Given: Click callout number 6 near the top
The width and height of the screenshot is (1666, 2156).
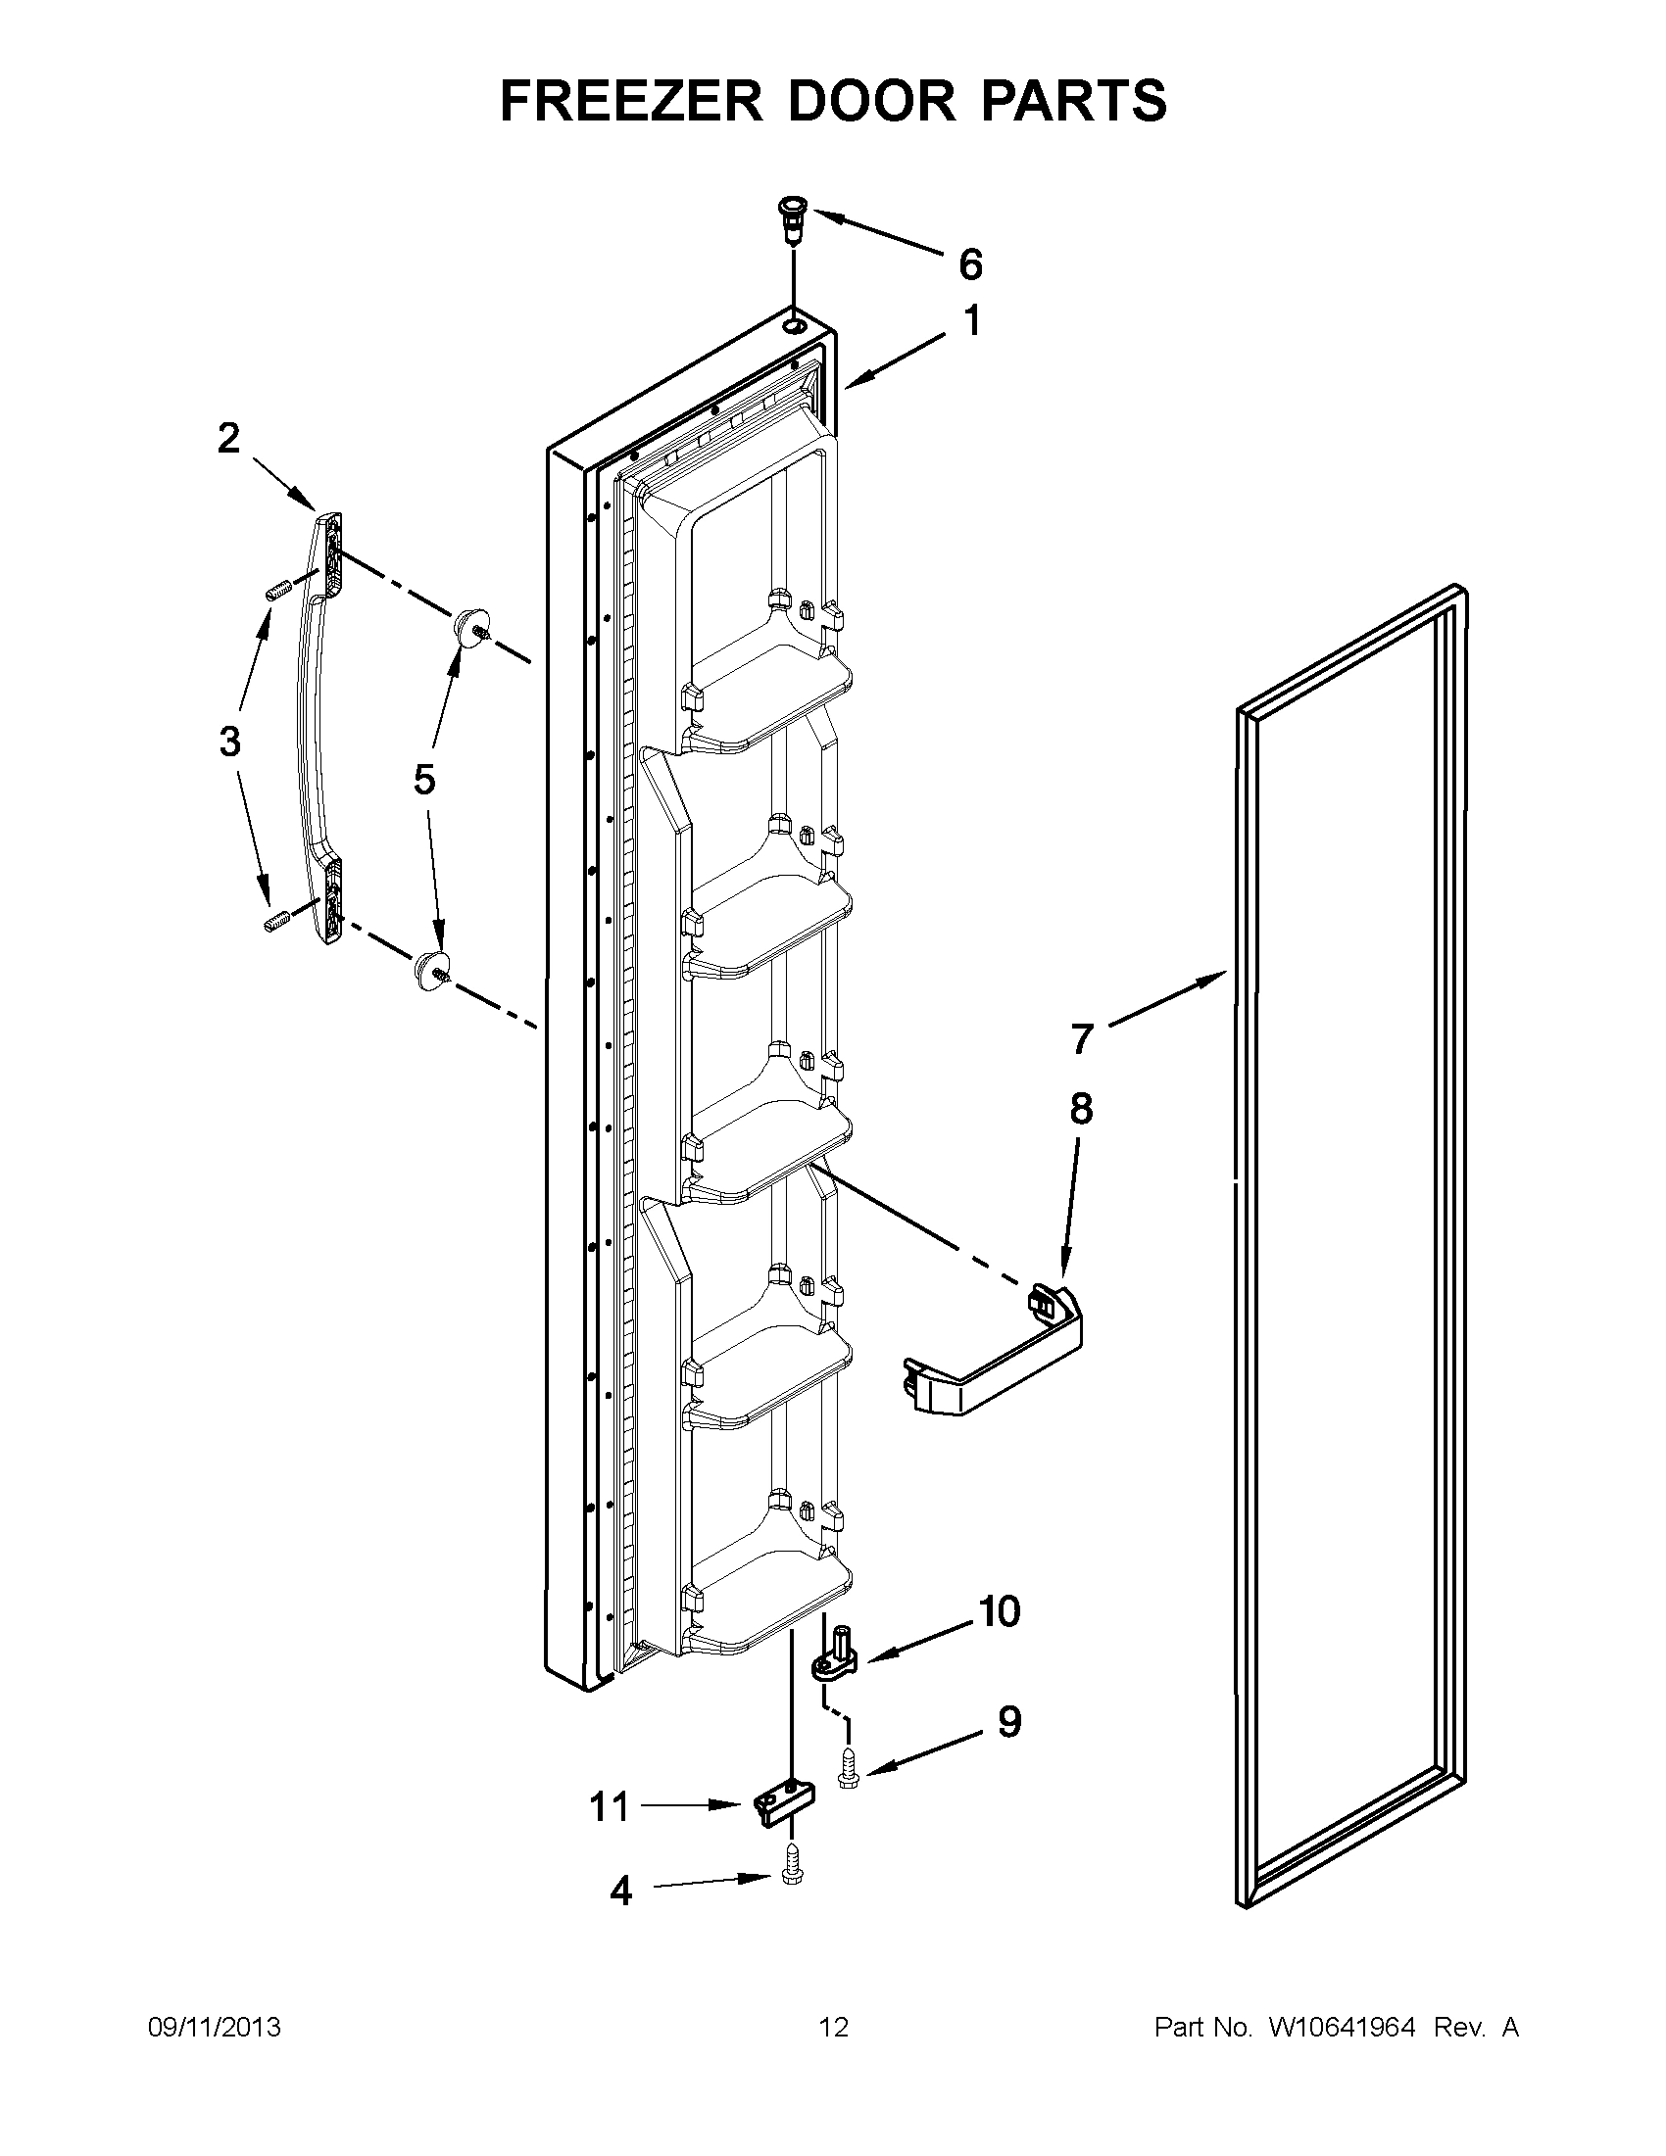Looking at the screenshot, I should pos(971,264).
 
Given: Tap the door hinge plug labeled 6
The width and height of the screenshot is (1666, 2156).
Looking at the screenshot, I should pos(792,220).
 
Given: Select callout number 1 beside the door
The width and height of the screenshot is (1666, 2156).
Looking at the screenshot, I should pos(972,322).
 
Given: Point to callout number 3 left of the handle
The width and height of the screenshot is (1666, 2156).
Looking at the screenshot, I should pos(229,741).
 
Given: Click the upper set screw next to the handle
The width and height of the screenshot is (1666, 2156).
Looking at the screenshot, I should pos(275,592).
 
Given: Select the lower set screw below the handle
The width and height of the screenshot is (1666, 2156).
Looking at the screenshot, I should pos(274,922).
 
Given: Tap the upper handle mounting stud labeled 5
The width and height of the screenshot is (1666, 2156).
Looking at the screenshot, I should pos(470,628).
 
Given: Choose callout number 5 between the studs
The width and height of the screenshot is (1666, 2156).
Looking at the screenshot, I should pos(423,780).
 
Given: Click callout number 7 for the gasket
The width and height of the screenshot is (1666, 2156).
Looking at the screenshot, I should pos(1082,1039).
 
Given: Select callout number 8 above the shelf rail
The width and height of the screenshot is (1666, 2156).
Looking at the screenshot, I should pos(1081,1109).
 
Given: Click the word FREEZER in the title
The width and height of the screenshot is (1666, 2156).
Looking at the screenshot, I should pos(631,101).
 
